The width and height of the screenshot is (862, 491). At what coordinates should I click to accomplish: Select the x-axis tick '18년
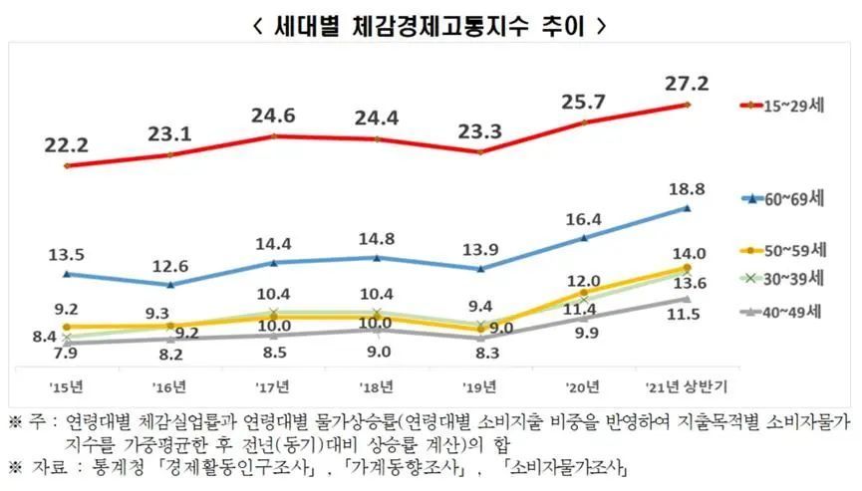pyautogui.click(x=374, y=386)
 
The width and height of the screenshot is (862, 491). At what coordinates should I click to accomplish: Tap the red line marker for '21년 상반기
pyautogui.click(x=687, y=104)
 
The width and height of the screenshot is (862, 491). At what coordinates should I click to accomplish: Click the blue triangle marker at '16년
pyautogui.click(x=169, y=285)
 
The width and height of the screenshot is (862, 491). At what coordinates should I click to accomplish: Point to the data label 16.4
pyautogui.click(x=582, y=217)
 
